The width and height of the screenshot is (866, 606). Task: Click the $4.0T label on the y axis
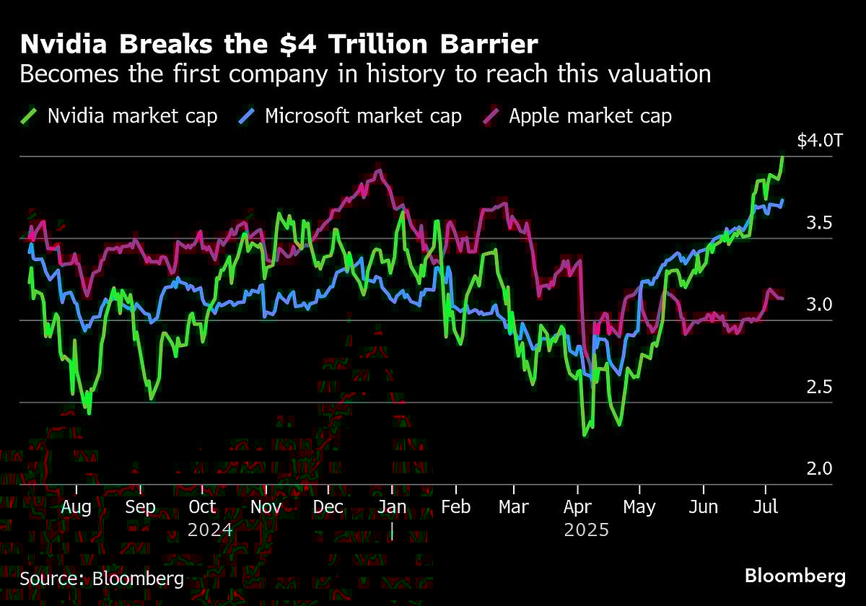tap(819, 141)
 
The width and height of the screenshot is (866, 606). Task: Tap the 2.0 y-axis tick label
tap(820, 469)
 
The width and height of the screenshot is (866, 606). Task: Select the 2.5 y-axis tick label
tap(820, 387)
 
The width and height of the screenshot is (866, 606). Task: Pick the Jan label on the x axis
tap(392, 507)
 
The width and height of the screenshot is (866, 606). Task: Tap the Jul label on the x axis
tap(766, 507)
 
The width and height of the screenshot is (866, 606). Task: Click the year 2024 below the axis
tap(210, 530)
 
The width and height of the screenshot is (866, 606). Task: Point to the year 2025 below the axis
tap(587, 530)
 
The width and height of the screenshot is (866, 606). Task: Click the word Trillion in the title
tap(382, 45)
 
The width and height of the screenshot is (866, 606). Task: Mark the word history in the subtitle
tap(384, 74)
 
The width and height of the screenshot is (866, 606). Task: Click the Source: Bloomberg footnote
tap(102, 578)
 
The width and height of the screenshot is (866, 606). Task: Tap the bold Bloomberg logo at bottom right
tap(795, 576)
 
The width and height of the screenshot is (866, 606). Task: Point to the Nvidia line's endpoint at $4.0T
tap(784, 157)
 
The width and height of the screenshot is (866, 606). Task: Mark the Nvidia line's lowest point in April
tap(584, 435)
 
